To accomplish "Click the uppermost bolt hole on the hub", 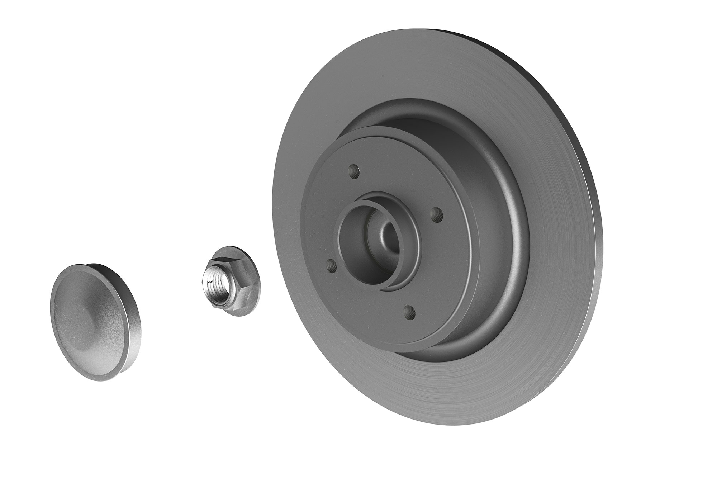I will [x=354, y=171].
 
